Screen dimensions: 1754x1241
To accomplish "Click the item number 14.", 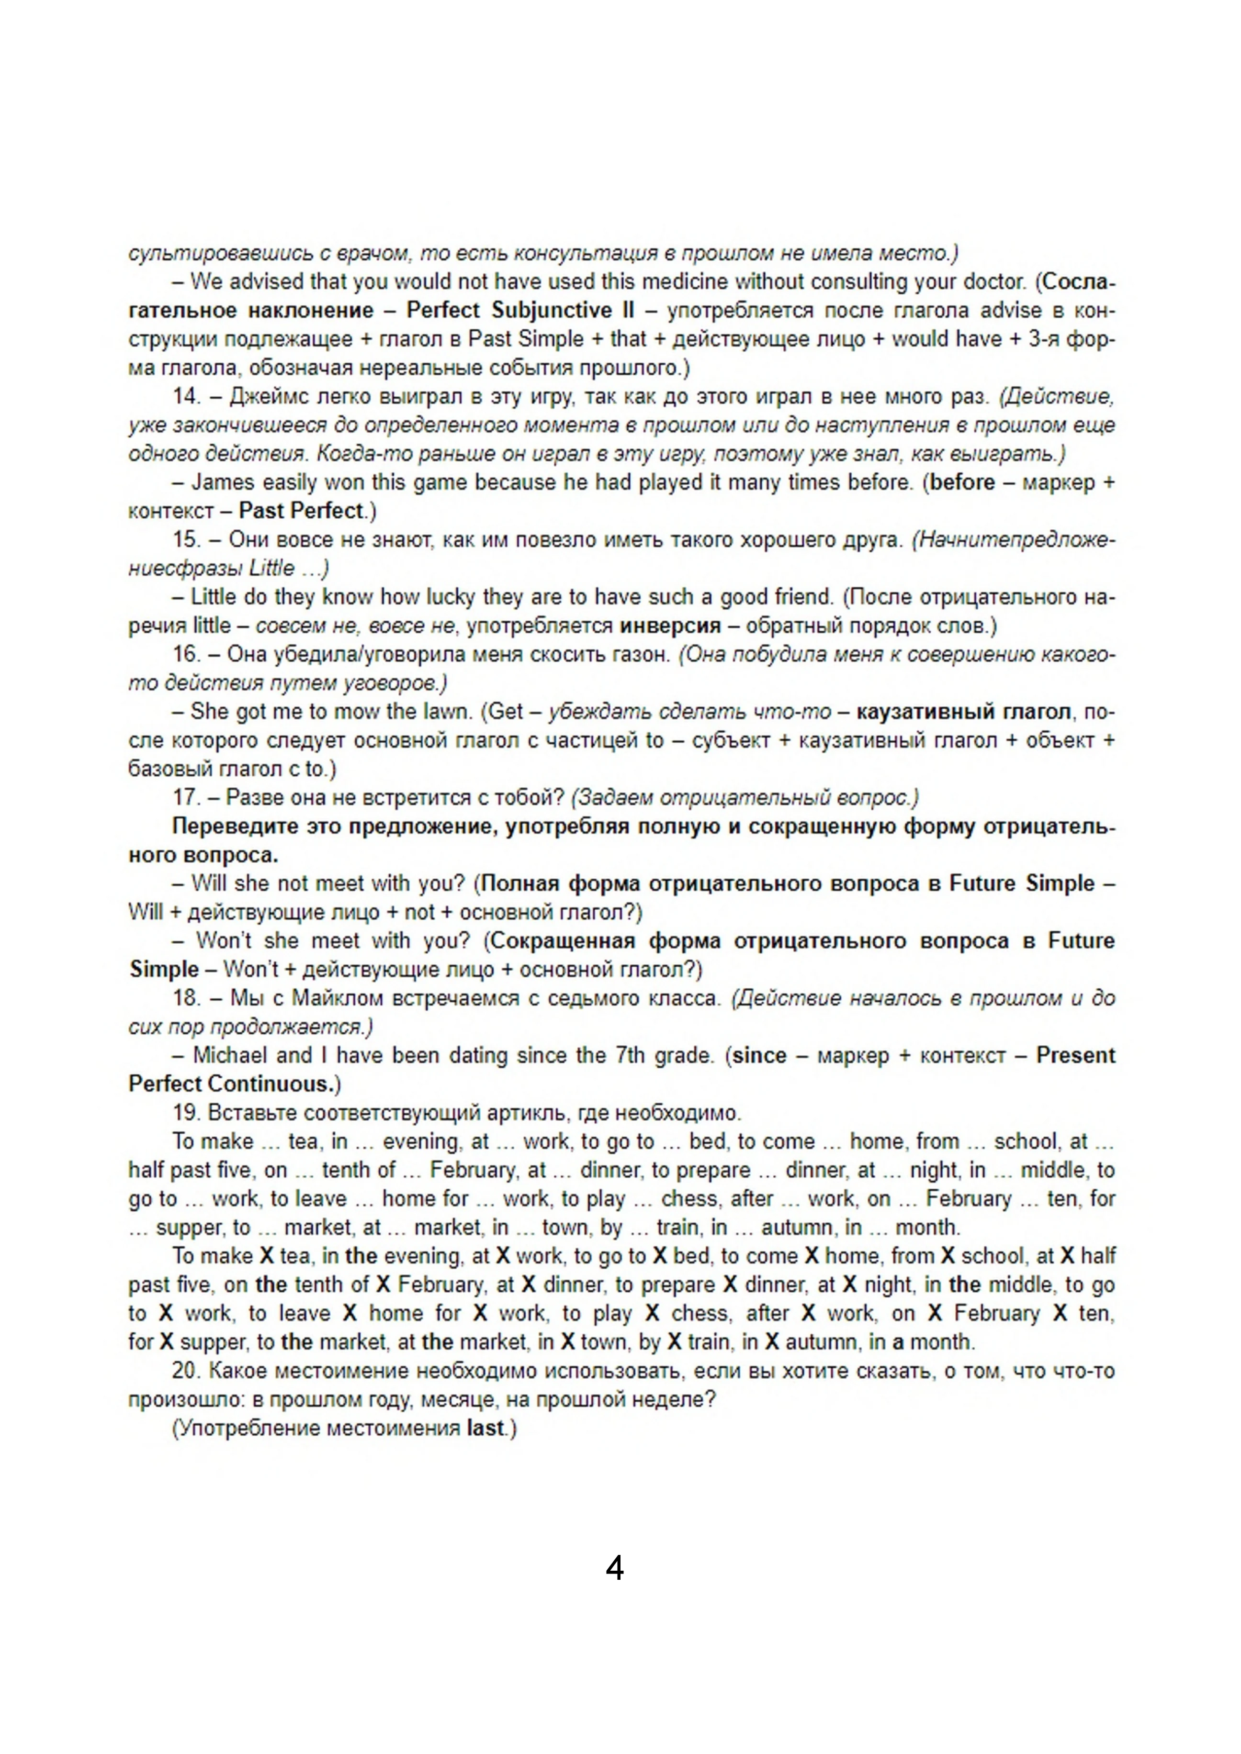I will pos(186,396).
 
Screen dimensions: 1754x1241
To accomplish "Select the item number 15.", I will pos(186,539).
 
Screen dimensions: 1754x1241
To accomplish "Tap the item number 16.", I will pos(186,654).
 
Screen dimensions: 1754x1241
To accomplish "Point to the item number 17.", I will pos(186,797).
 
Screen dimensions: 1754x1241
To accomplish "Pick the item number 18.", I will pos(186,998).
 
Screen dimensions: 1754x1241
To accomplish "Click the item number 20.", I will pos(186,1371).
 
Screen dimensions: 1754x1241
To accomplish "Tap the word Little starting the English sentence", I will pos(213,597).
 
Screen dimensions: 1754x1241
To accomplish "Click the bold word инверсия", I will pos(670,626).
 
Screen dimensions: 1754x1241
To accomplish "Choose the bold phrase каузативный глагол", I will pos(963,711).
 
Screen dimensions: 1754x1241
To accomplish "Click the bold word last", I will pos(486,1428).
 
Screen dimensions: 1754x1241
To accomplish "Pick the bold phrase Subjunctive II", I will pos(563,310).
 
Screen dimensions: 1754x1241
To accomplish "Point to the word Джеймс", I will pos(262,396).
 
